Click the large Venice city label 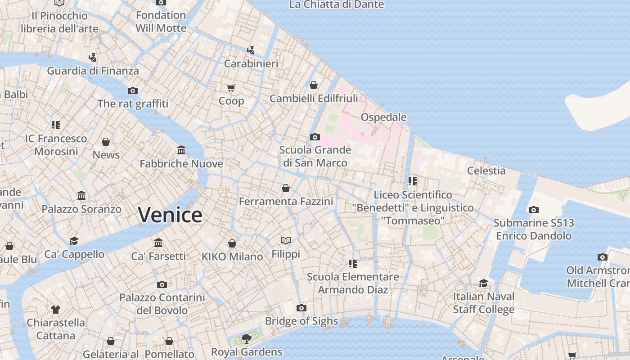coord(170,215)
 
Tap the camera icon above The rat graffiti coord(132,90)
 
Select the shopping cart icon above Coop coord(231,88)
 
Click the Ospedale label coord(383,117)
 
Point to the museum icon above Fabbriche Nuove coord(181,150)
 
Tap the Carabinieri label coord(251,63)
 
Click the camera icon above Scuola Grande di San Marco coord(315,137)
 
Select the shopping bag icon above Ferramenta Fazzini coord(286,188)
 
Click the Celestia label coord(486,171)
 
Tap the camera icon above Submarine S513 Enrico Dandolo coord(534,210)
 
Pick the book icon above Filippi coord(286,240)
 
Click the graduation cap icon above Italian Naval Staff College coord(483,283)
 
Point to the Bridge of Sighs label coord(301,321)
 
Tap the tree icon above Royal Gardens coord(246,338)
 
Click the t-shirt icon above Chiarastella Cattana coord(55,309)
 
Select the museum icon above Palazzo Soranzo coord(81,196)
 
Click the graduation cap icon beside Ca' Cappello coord(74,241)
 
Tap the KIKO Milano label coord(232,256)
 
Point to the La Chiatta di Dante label coord(336,4)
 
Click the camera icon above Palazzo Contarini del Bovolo coord(162,284)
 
